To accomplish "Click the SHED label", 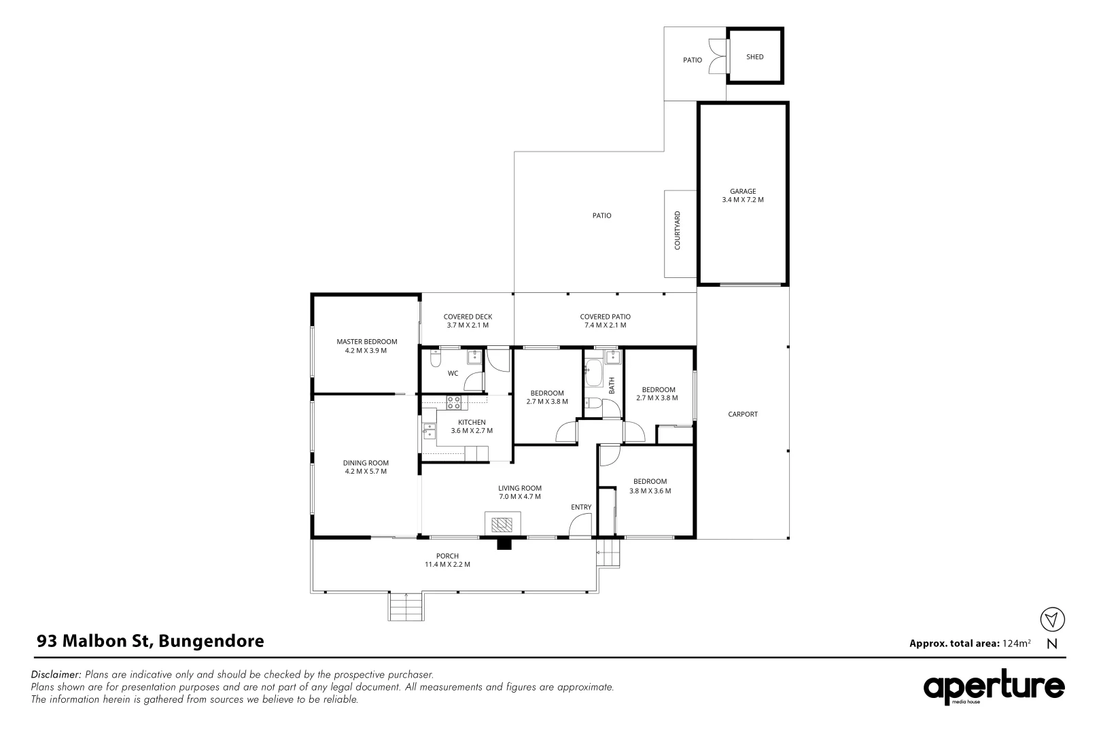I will coord(754,57).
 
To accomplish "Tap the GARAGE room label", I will coord(742,192).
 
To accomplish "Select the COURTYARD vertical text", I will coord(677,231).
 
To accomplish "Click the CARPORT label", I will coord(742,414).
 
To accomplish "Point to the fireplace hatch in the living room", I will coord(504,524).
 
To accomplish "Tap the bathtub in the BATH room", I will coord(591,374).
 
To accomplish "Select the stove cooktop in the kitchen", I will coord(453,402).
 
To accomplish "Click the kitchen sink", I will coord(429,430).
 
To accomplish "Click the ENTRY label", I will coord(580,507).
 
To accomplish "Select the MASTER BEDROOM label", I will coord(366,342).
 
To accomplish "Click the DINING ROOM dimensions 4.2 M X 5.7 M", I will coord(366,471).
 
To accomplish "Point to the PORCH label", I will coord(447,556).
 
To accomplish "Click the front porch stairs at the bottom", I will coord(406,606).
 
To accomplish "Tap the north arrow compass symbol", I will coord(1052,619).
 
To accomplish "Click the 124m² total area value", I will coord(1016,643).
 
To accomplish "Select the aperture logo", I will coord(993,688).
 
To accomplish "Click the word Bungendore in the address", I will coord(211,641).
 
